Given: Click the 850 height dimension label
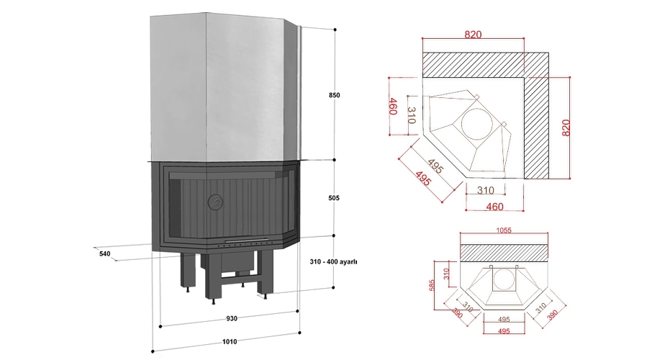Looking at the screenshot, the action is (334, 95).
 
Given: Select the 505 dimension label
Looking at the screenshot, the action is (334, 198).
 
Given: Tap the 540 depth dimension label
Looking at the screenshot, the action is (105, 254).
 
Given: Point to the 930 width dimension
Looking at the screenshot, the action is (232, 319).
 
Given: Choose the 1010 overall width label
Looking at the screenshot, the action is (230, 342).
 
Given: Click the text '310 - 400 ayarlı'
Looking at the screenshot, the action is (333, 262).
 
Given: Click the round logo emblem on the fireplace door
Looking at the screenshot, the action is (214, 201).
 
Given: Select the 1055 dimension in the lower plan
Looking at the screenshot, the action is (503, 230).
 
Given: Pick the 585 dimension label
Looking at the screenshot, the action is (432, 285).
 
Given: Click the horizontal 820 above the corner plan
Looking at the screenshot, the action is (473, 35).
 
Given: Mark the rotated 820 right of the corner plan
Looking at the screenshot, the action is (566, 128).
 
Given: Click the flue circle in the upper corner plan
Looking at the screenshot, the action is (477, 124).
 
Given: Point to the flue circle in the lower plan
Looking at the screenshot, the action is (504, 279).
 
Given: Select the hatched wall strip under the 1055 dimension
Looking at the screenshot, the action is (505, 252).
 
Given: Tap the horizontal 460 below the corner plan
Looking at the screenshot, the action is (494, 207).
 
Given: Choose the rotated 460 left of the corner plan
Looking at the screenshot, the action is (393, 106).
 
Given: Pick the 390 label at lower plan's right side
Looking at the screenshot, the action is (552, 314).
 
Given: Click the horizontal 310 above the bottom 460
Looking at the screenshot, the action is (485, 190).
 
